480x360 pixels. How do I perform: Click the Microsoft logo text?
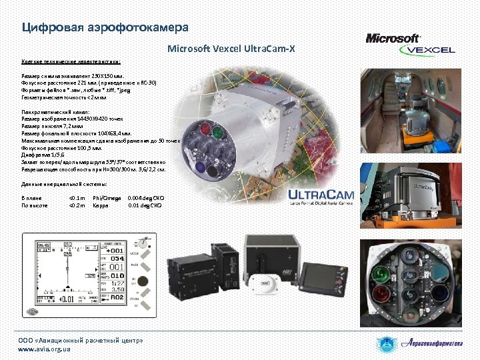(x=393, y=39)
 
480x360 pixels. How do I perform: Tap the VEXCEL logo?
(x=430, y=50)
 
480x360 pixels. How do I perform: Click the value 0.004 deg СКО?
(x=146, y=198)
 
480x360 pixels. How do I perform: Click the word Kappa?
(x=101, y=205)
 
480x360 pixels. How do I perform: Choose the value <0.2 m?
(x=77, y=205)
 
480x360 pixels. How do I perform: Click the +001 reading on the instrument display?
(x=118, y=249)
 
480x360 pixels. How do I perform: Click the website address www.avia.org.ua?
(x=44, y=349)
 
